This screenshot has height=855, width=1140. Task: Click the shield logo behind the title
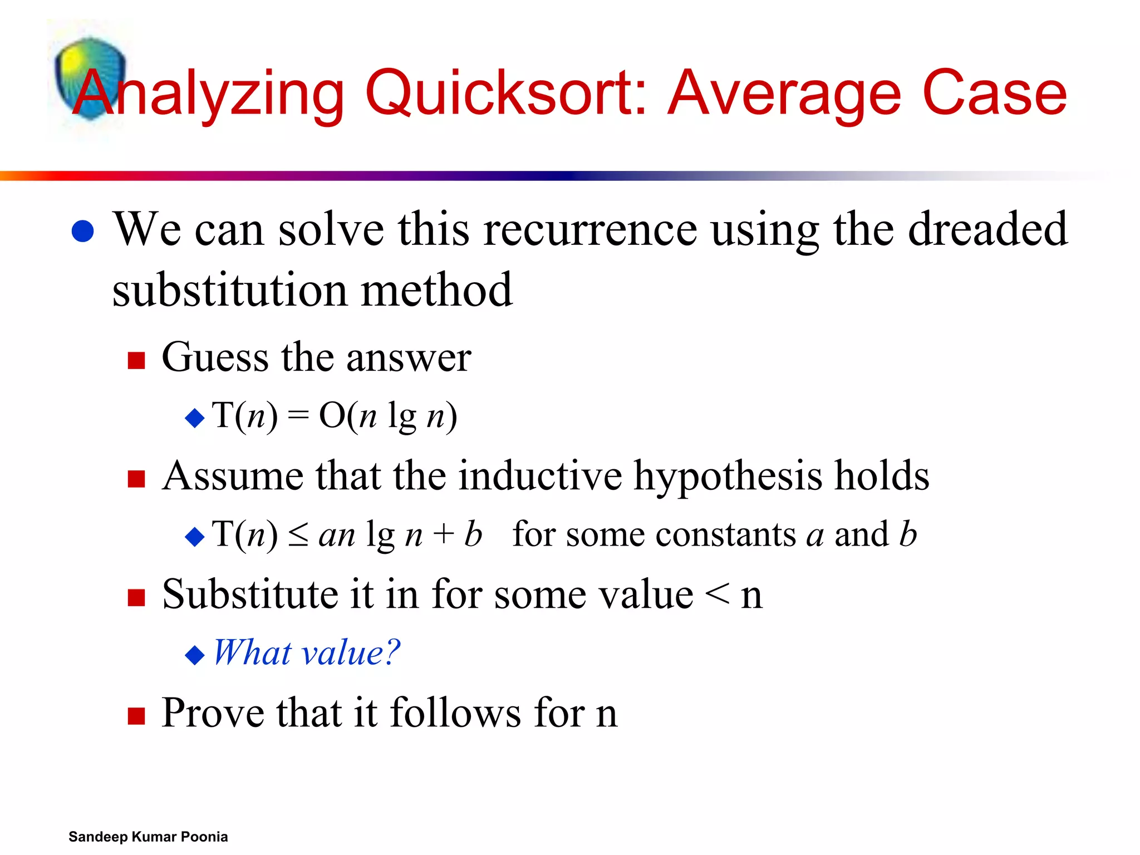click(x=90, y=78)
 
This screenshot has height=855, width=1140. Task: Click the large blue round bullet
click(x=83, y=232)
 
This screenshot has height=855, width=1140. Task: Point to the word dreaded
click(x=987, y=229)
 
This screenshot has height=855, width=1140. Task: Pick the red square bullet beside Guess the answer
click(x=136, y=360)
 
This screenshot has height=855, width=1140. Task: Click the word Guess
click(x=215, y=357)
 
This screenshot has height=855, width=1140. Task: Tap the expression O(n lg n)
click(x=388, y=416)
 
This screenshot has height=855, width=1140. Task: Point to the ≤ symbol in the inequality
click(x=298, y=535)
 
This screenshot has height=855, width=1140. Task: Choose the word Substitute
click(x=249, y=594)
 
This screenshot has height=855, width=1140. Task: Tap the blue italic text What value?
click(x=307, y=652)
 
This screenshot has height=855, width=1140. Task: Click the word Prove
click(x=213, y=713)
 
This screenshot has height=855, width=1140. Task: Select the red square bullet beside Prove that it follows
click(x=136, y=716)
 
